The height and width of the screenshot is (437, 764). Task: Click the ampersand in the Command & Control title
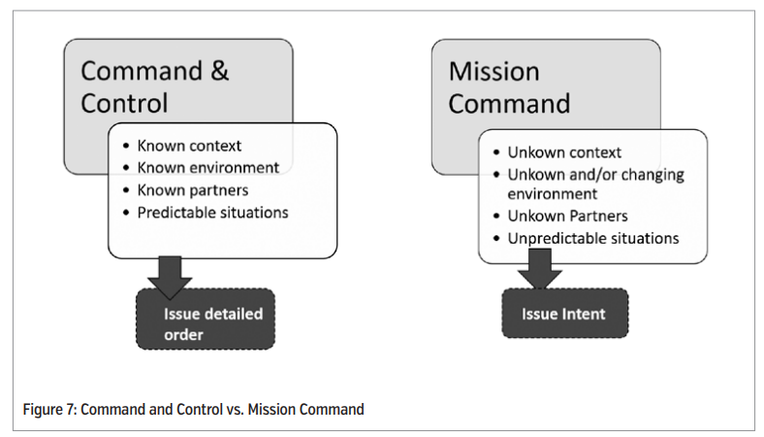(220, 71)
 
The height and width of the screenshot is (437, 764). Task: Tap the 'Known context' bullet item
(189, 146)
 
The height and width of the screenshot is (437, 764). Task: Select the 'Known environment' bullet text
(208, 167)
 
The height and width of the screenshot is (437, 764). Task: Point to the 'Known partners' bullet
(193, 190)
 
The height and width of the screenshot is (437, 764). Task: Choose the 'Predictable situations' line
(213, 213)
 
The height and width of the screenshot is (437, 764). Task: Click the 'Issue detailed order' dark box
(206, 319)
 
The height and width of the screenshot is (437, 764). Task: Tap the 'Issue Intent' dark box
(565, 313)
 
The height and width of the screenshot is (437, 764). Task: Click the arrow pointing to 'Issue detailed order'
(170, 277)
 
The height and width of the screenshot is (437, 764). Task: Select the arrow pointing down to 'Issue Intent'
(540, 269)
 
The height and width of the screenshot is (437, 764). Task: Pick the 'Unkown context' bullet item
(564, 152)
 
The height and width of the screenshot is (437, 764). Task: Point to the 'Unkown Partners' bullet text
(567, 216)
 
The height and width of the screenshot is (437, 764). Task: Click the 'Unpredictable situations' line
(593, 238)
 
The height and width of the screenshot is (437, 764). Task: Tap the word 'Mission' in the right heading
(494, 72)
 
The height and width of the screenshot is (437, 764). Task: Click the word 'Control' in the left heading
(124, 103)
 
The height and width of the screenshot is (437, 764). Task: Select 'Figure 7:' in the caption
(49, 409)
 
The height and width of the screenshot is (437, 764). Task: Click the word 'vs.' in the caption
(235, 409)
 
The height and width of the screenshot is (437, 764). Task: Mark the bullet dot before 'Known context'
(127, 146)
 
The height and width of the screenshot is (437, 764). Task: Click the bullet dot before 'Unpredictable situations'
(496, 238)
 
